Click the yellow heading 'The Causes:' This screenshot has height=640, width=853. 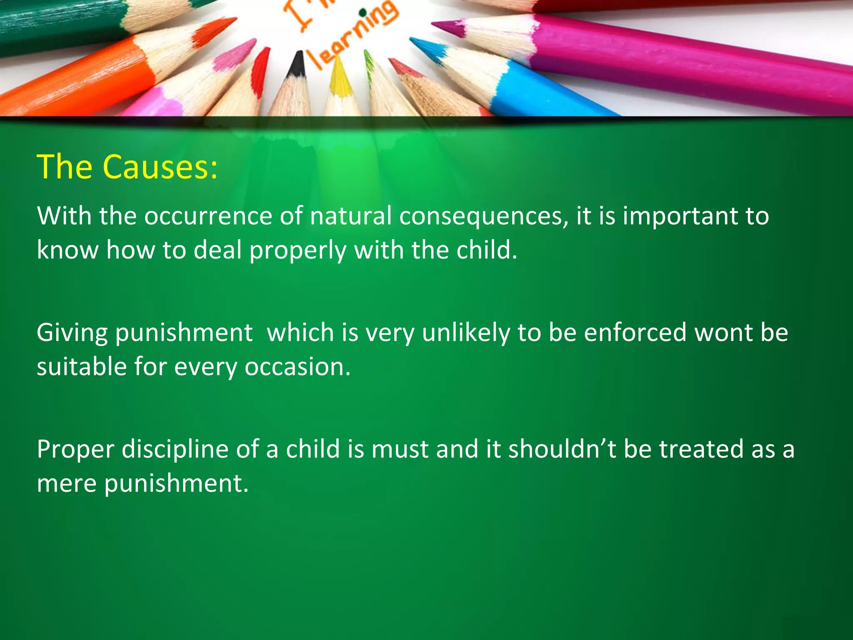point(127,167)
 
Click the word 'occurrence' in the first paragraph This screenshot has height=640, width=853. point(208,216)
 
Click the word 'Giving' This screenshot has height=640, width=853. point(72,333)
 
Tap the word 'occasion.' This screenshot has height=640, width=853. point(298,367)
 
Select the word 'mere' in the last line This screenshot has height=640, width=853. point(66,483)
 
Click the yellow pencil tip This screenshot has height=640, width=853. point(339,77)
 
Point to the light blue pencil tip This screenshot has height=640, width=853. point(425,48)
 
